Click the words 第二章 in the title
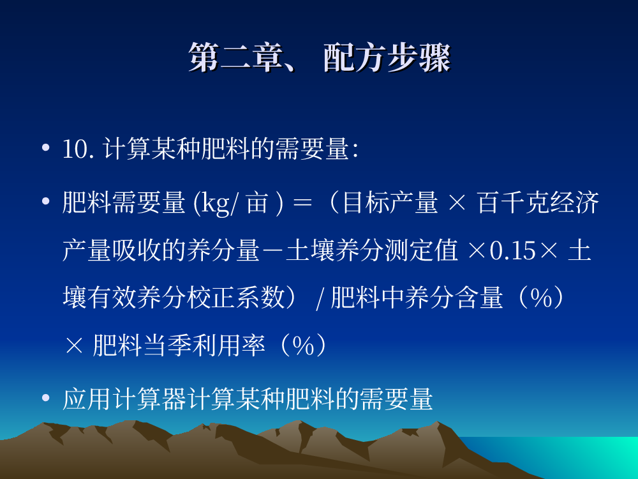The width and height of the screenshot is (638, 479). click(x=235, y=57)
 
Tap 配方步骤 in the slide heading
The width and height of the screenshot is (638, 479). click(x=387, y=57)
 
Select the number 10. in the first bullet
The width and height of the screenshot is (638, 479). click(x=78, y=149)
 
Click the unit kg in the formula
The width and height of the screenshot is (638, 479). click(x=215, y=203)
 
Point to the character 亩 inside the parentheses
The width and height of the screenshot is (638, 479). click(x=257, y=202)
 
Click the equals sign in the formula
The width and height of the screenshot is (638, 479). click(x=302, y=203)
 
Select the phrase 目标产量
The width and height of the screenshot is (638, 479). click(x=390, y=202)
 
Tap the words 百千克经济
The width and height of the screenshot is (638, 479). click(x=538, y=202)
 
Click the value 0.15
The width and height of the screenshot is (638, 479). click(x=513, y=250)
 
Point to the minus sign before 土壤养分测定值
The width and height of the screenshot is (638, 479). click(x=272, y=250)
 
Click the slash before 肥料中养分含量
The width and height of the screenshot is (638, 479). click(x=320, y=298)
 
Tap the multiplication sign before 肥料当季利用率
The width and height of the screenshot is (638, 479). click(x=73, y=346)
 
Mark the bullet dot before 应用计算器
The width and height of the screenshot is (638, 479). click(x=45, y=397)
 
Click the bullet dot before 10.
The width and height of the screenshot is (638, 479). click(x=45, y=148)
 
